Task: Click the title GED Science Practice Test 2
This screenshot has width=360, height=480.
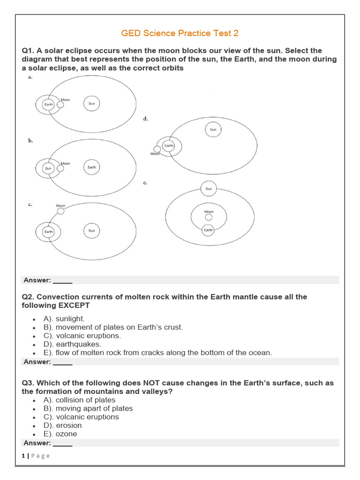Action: pyautogui.click(x=180, y=33)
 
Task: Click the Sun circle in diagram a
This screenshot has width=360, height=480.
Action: pyautogui.click(x=92, y=104)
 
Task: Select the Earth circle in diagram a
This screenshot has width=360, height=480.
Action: pyautogui.click(x=49, y=105)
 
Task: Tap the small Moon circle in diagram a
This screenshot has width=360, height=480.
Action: pyautogui.click(x=60, y=105)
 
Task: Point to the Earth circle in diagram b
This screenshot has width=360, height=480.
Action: pyautogui.click(x=92, y=167)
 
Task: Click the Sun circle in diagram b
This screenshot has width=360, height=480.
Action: pyautogui.click(x=48, y=168)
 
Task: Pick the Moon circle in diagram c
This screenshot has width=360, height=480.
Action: pyautogui.click(x=61, y=211)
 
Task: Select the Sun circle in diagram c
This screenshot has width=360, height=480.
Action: pyautogui.click(x=92, y=231)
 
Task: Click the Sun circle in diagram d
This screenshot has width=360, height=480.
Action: pyautogui.click(x=213, y=129)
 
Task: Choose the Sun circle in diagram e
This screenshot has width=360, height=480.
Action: pyautogui.click(x=209, y=189)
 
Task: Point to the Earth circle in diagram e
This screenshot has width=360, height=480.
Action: pyautogui.click(x=209, y=230)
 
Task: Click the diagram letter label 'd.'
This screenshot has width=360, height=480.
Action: pyautogui.click(x=146, y=119)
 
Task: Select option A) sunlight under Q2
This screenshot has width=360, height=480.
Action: pyautogui.click(x=64, y=319)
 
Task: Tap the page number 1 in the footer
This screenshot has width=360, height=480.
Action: pyautogui.click(x=23, y=456)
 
